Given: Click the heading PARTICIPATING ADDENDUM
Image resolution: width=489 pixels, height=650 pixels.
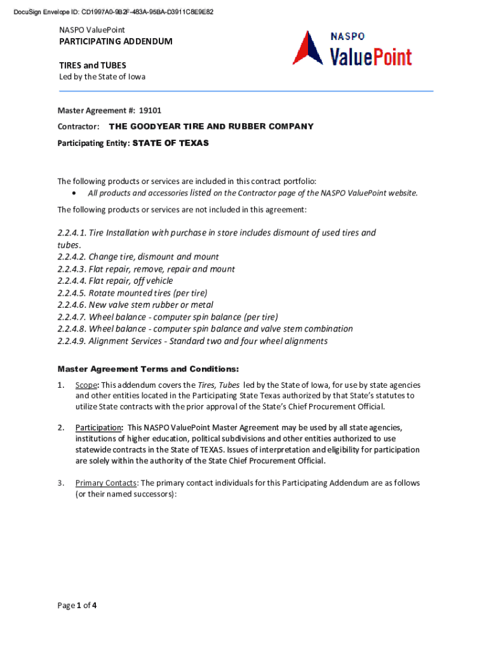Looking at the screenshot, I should point(116,41).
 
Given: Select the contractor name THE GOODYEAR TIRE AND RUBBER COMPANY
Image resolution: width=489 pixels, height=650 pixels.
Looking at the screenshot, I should point(211,126).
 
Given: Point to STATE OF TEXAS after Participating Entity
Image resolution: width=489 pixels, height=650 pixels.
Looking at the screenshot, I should point(170,143).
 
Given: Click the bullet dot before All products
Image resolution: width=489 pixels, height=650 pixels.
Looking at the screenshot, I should point(76,193).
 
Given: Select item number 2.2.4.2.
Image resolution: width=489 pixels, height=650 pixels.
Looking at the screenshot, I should point(71,257).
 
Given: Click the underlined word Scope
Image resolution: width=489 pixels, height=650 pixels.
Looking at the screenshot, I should point(86,385).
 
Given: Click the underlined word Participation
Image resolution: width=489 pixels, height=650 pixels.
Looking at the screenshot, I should point(98,428).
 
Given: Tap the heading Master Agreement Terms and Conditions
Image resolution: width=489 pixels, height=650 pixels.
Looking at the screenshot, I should point(148,369).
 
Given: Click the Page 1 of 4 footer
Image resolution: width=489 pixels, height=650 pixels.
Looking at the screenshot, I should point(77,606).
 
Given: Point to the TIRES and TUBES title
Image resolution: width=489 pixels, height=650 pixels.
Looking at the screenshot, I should point(93,65).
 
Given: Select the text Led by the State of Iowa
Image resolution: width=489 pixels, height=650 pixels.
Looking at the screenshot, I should point(102,77).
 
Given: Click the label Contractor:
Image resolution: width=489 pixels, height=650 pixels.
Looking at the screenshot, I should point(79,126).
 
